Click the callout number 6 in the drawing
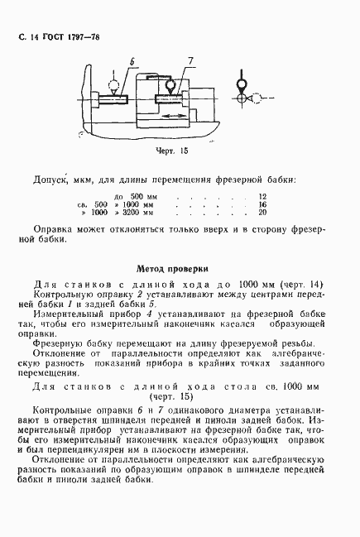[x=133, y=62]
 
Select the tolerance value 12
[x=263, y=196]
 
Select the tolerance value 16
[x=263, y=204]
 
